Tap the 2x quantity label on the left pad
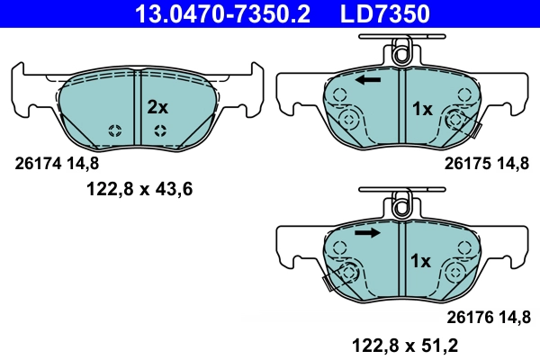157,107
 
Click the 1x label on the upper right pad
422,109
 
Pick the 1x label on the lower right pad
422,262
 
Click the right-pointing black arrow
365,233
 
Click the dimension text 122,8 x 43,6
139,189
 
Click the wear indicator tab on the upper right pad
475,133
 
